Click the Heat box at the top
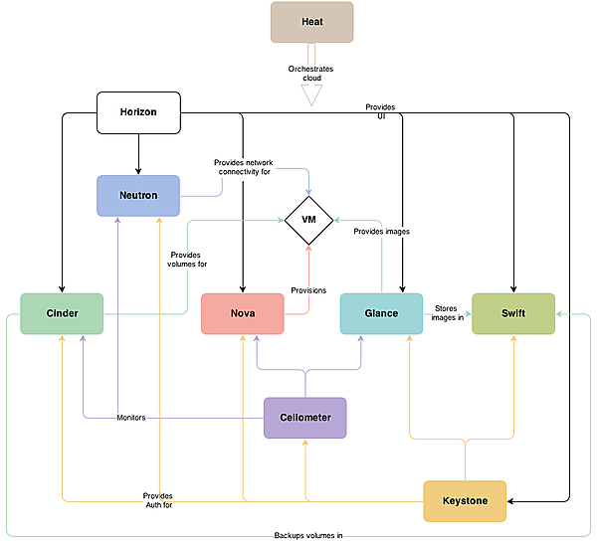(311, 22)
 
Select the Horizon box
(139, 112)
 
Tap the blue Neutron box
(138, 195)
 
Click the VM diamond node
(308, 218)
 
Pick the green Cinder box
(62, 313)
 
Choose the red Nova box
(243, 313)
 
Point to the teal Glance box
(381, 313)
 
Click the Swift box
(513, 313)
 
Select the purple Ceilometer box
(304, 418)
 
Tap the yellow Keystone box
(465, 501)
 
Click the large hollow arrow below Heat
(311, 81)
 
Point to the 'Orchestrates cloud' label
(311, 73)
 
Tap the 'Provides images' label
(381, 231)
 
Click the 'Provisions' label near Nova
(308, 289)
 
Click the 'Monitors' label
(131, 418)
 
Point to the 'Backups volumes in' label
(308, 535)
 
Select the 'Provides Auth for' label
(157, 500)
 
